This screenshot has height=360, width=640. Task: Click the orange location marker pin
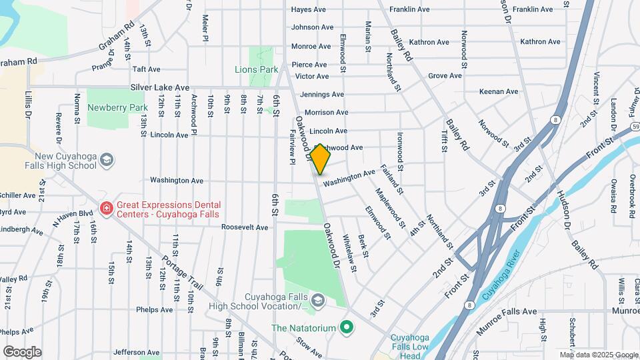pyautogui.click(x=320, y=159)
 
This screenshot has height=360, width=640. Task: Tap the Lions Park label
pyautogui.click(x=256, y=69)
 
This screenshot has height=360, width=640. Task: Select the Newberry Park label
pyautogui.click(x=117, y=107)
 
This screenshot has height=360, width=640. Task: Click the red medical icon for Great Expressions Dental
pyautogui.click(x=105, y=209)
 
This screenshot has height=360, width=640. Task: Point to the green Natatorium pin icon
pyautogui.click(x=345, y=327)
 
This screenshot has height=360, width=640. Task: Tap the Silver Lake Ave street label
pyautogui.click(x=160, y=87)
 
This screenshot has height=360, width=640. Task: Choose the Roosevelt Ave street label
pyautogui.click(x=245, y=227)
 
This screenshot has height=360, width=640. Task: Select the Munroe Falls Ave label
pyautogui.click(x=507, y=311)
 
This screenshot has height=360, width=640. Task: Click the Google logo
pyautogui.click(x=22, y=351)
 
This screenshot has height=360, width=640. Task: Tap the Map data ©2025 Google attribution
pyautogui.click(x=598, y=355)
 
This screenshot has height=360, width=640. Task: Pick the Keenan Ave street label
pyautogui.click(x=498, y=91)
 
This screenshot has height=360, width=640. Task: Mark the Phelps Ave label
pyautogui.click(x=155, y=309)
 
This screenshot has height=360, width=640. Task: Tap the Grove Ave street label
pyautogui.click(x=445, y=76)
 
